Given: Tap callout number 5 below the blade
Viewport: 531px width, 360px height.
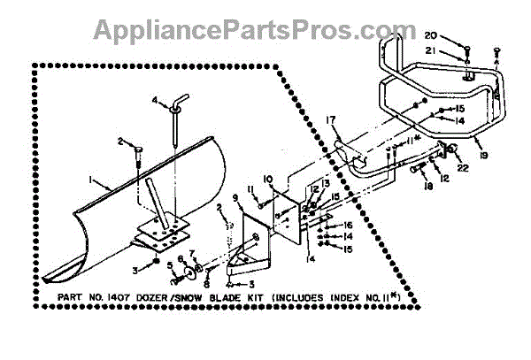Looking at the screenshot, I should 169,264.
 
